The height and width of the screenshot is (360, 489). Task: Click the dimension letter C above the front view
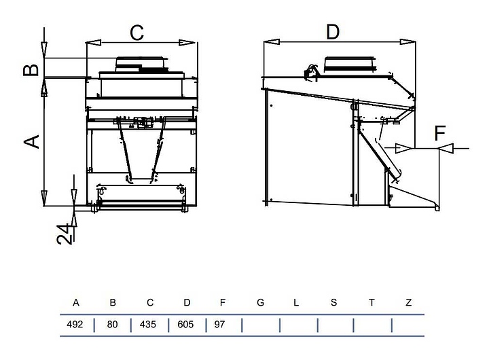pos(137,33)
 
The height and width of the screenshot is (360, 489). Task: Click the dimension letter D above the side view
pos(333,32)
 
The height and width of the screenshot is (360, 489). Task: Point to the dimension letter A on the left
pos(32,141)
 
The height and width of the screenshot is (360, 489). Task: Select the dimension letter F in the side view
pos(440,133)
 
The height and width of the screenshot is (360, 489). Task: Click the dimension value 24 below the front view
pos(65,234)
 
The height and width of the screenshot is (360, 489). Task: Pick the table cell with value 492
pos(75,325)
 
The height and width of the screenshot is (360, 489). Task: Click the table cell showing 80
pos(112,325)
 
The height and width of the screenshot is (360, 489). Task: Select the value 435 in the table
pos(148,325)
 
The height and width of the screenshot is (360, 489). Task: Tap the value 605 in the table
pos(185,325)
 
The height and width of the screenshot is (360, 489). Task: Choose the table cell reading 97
pos(219,325)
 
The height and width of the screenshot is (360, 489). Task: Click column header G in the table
pos(260,302)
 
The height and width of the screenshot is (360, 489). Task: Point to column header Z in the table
pos(409,302)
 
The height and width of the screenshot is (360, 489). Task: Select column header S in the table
pos(333,302)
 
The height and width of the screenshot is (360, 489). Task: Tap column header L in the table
pos(296,302)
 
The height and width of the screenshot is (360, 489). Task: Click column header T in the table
pos(372,302)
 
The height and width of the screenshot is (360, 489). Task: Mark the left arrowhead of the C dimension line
pos(93,42)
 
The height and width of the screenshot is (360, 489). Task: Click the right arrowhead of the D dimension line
pos(407,42)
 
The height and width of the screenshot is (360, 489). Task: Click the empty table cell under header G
pos(261,325)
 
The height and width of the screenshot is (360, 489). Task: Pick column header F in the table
pos(222,302)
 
